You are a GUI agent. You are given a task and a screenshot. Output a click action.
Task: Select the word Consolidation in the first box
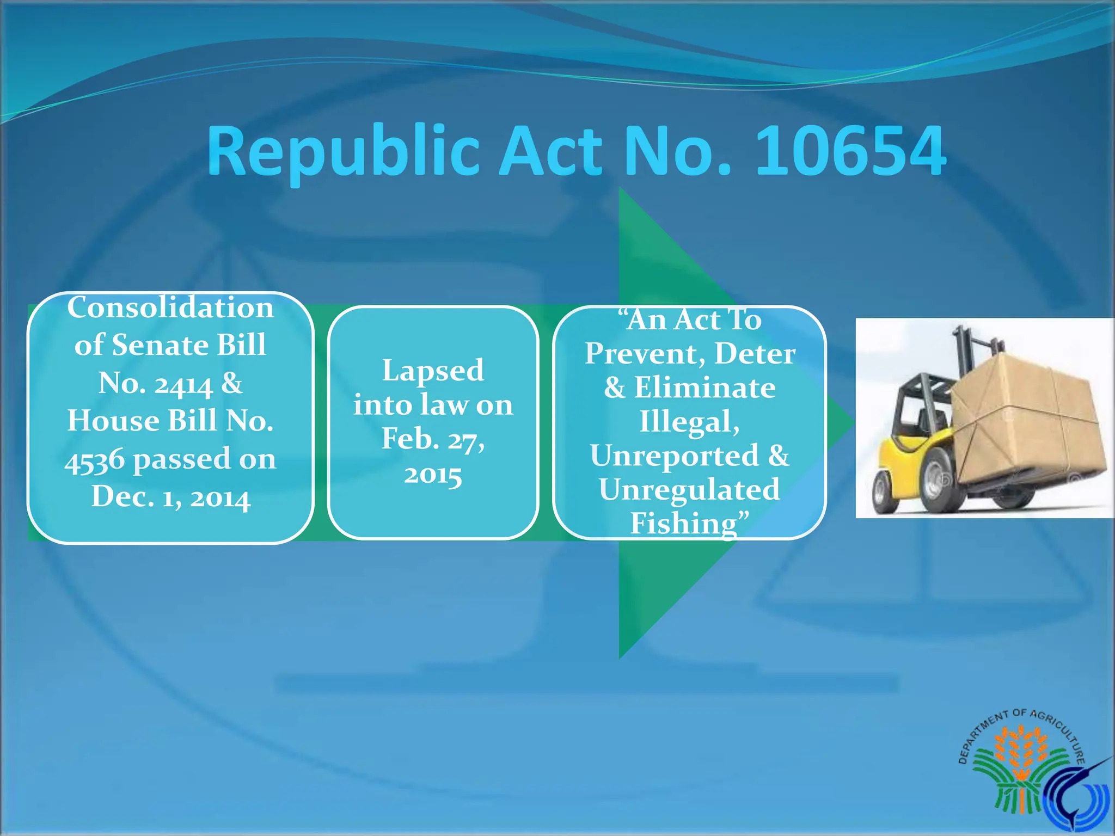click(x=170, y=308)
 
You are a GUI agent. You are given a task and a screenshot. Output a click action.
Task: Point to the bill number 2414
click(x=183, y=384)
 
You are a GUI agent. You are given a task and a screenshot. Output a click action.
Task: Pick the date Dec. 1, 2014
click(x=170, y=496)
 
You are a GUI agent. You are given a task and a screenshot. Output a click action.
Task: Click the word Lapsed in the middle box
click(x=433, y=370)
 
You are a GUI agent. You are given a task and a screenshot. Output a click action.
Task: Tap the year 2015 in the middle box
click(x=433, y=475)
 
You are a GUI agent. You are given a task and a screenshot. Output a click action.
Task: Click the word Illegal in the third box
click(x=689, y=422)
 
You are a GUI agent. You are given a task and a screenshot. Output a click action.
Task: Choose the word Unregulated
click(x=689, y=489)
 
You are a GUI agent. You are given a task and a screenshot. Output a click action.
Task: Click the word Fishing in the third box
click(x=684, y=523)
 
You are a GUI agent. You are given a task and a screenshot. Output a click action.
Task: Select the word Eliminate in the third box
click(x=704, y=388)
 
